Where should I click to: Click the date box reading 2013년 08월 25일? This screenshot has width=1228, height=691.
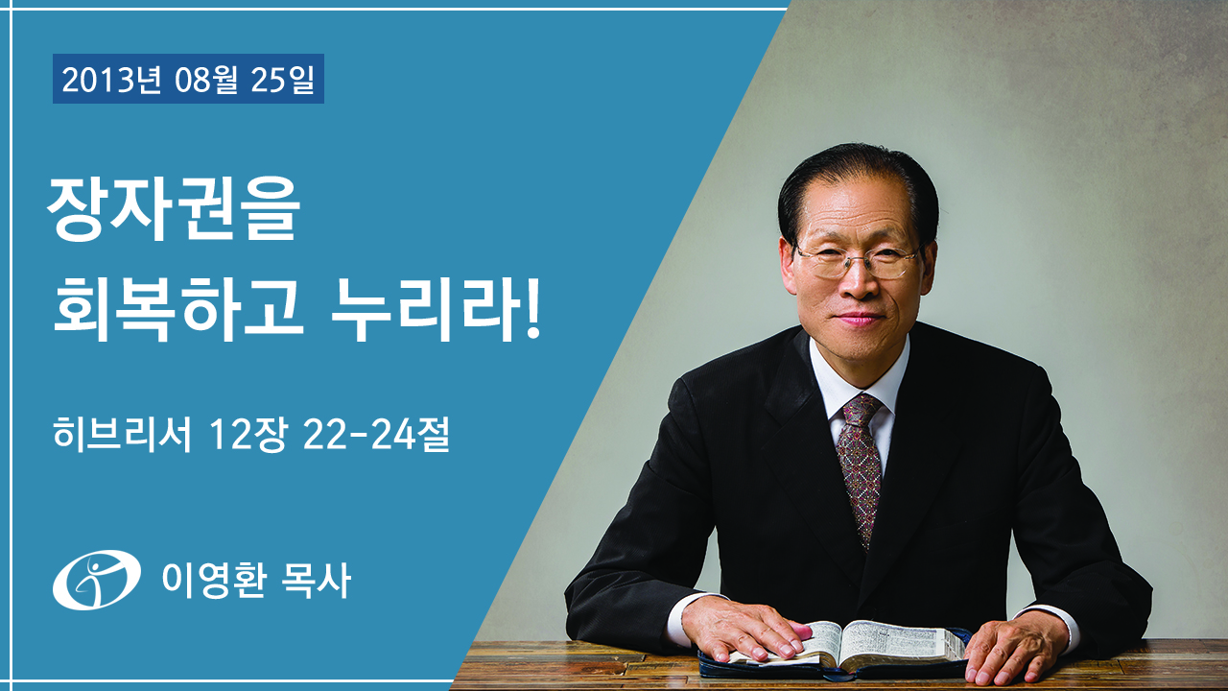click(x=188, y=79)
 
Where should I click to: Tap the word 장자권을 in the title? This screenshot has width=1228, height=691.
click(x=174, y=210)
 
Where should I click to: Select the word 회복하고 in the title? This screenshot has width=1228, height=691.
click(x=178, y=309)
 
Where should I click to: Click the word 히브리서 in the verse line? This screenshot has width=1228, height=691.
click(x=122, y=435)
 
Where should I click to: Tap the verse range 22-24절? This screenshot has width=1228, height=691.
click(x=375, y=435)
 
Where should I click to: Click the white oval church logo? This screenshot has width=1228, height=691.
click(x=97, y=580)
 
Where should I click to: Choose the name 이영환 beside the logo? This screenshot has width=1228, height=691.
click(x=214, y=581)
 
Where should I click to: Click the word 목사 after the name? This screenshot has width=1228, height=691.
click(x=316, y=581)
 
